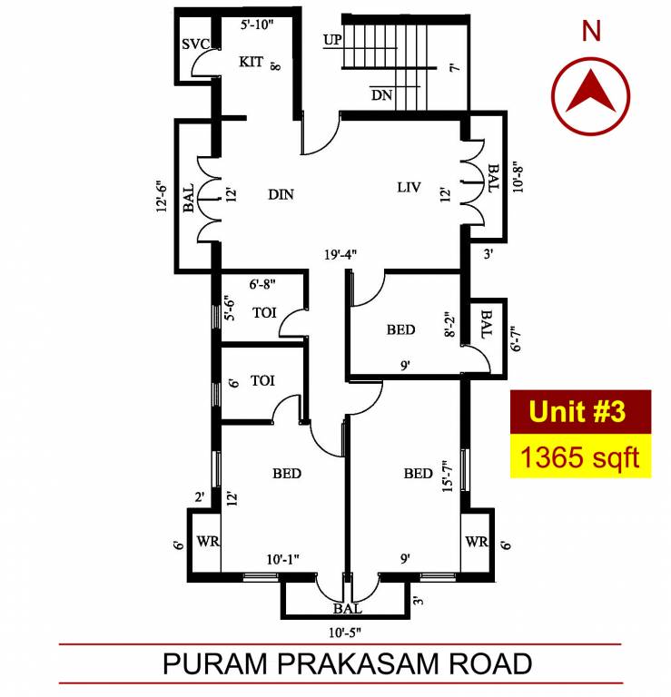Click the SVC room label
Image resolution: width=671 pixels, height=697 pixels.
click(x=194, y=44)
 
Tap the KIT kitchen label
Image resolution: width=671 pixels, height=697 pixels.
click(x=252, y=62)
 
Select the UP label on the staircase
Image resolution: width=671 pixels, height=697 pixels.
click(x=332, y=40)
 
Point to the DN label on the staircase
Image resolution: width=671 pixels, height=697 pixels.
click(x=380, y=93)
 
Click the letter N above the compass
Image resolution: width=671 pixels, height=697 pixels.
click(x=591, y=32)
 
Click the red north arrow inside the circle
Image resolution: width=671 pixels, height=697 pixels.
click(x=591, y=92)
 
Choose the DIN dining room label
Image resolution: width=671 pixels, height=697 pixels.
click(x=282, y=194)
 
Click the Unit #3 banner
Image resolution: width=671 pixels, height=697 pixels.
click(x=577, y=411)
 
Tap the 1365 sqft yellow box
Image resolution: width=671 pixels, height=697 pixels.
click(x=577, y=456)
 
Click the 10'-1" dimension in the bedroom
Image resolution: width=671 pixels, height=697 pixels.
click(x=284, y=559)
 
